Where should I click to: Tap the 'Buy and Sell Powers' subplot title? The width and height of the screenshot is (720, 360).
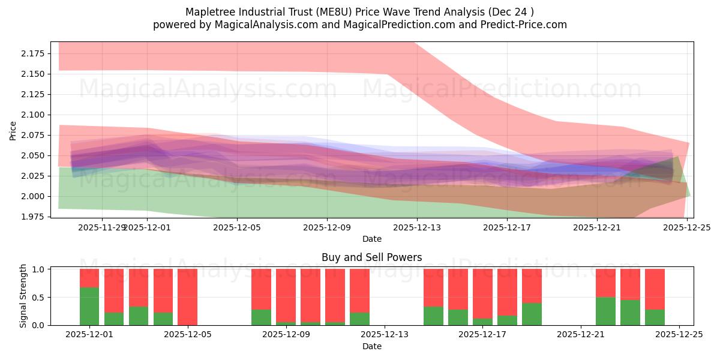click(371, 257)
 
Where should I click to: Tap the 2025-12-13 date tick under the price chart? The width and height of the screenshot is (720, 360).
click(417, 227)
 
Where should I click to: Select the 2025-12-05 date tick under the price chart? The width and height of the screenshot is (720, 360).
click(237, 227)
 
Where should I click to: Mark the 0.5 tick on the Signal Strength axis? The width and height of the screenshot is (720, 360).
click(38, 297)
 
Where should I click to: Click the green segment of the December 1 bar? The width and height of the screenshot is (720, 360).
click(89, 306)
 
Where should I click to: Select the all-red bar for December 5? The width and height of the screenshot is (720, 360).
click(187, 297)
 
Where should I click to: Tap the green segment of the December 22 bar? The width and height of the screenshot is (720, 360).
click(605, 311)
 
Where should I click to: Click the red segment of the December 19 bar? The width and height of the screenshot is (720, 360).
click(532, 286)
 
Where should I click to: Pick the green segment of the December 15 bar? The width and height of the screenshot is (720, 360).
click(433, 316)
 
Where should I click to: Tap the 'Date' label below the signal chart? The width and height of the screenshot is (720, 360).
click(371, 346)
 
